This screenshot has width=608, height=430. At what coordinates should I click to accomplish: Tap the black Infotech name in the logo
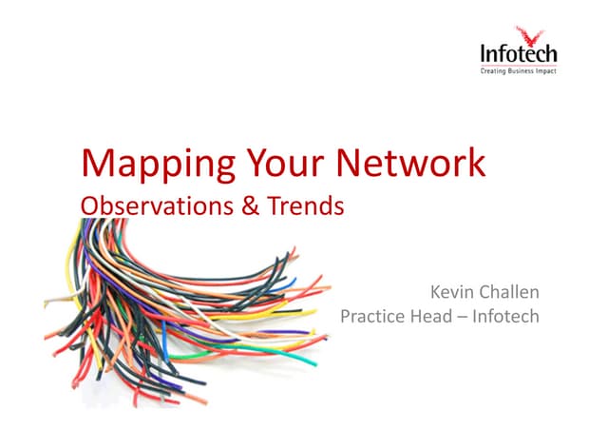[x=518, y=54]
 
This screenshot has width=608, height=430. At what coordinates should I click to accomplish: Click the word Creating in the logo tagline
[x=495, y=70]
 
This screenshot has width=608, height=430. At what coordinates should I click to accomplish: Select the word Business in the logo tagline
[x=523, y=70]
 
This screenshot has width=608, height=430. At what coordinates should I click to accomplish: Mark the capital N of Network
[x=354, y=164]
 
